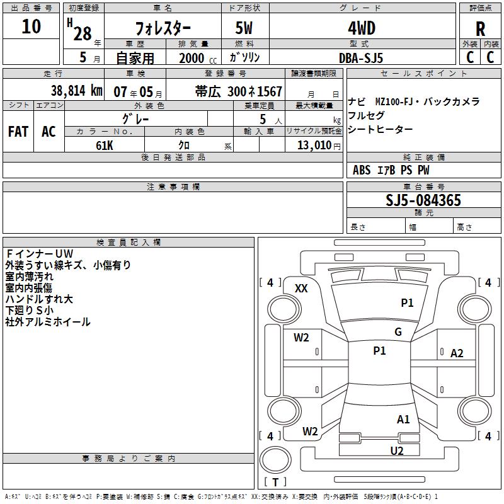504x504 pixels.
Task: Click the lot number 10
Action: (x=31, y=27)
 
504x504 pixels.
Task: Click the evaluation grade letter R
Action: (x=480, y=29)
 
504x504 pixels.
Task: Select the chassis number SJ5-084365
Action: (x=423, y=201)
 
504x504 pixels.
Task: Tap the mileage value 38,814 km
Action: (x=76, y=91)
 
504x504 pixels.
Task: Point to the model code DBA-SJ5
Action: (x=360, y=57)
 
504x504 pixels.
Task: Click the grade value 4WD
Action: (x=361, y=28)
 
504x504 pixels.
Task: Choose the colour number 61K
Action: (x=105, y=145)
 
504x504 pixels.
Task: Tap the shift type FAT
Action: (x=18, y=132)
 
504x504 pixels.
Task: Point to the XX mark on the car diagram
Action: (x=301, y=289)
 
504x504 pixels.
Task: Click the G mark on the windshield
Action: (x=398, y=332)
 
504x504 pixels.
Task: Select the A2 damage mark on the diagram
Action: (x=457, y=353)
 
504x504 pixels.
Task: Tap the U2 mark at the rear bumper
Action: (x=397, y=450)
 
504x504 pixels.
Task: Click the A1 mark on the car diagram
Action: (x=403, y=419)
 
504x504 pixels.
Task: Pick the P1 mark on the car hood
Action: (x=408, y=303)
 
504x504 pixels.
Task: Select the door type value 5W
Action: (x=245, y=28)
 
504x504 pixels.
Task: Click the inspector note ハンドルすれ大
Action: (x=39, y=299)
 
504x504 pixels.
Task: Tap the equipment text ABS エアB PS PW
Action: (x=391, y=170)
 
